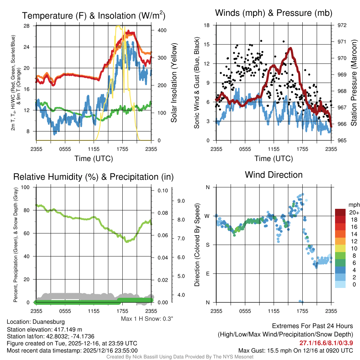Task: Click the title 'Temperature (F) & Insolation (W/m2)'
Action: tap(94, 15)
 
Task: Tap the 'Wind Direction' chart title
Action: tap(274, 175)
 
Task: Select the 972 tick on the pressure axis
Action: tap(342, 25)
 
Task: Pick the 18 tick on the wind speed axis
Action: tap(207, 25)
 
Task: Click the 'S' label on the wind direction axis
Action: tap(207, 245)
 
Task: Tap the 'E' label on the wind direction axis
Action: tap(207, 274)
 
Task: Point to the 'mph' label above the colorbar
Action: tap(353, 205)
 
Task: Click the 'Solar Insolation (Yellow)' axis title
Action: tap(174, 83)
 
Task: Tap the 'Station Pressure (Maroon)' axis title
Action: tap(354, 83)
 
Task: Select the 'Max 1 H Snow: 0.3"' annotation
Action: tap(147, 319)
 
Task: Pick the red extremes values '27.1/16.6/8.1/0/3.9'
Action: tap(326, 343)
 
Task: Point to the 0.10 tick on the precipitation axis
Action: tap(163, 191)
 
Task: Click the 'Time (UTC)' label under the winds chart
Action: tap(274, 159)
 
